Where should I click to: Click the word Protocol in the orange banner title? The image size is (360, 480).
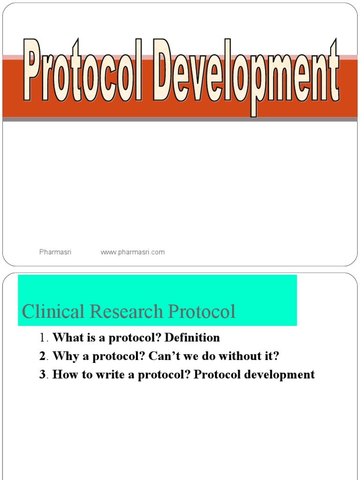(82, 70)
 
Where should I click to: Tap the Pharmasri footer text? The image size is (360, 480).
(55, 252)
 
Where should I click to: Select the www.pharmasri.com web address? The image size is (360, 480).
(133, 253)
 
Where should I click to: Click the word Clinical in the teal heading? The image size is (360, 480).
(53, 311)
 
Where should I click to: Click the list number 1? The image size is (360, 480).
(43, 337)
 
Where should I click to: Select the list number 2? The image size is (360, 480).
(42, 356)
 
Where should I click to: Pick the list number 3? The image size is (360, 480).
(42, 375)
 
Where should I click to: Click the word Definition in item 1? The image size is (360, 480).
(192, 337)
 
